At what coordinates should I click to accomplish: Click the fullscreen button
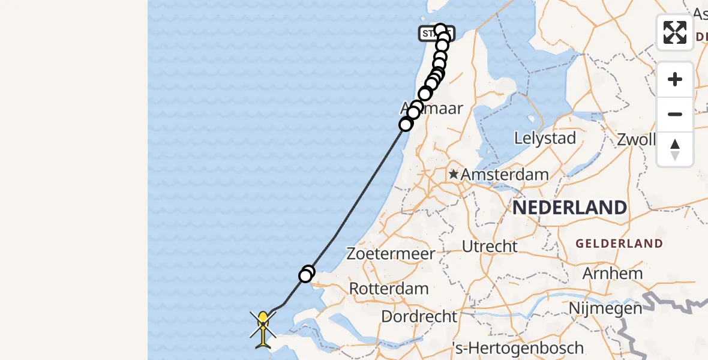click(674, 32)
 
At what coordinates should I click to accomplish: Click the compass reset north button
click(674, 149)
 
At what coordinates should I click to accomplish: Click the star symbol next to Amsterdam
click(454, 175)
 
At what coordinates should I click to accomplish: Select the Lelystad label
click(545, 138)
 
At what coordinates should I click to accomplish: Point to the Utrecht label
click(490, 246)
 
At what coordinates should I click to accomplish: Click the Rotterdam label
click(389, 289)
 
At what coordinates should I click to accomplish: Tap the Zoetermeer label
click(391, 254)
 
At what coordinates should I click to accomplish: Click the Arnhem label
click(613, 274)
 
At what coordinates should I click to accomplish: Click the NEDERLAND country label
click(569, 208)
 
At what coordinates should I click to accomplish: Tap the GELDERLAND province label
click(619, 244)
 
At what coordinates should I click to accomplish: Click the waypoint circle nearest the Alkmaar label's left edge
click(406, 124)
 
